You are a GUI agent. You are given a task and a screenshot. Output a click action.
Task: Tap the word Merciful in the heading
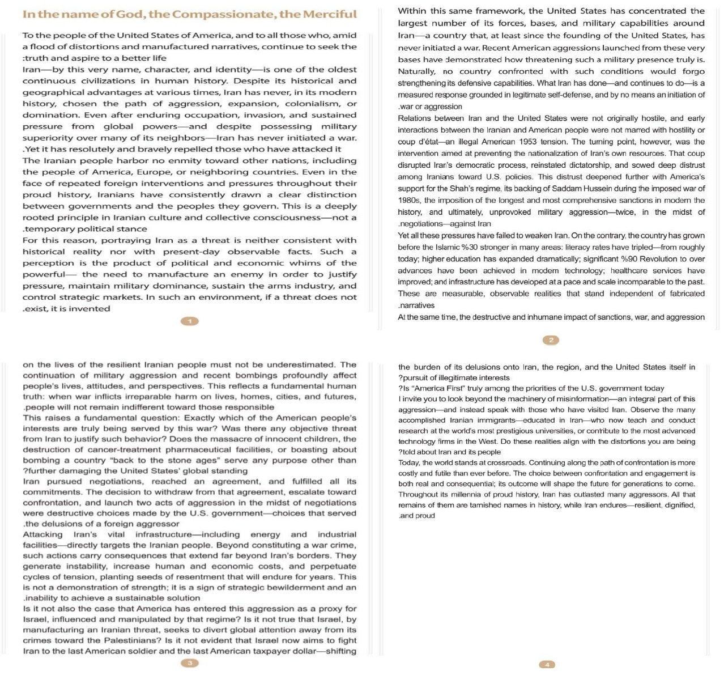330,14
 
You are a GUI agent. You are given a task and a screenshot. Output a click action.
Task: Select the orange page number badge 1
190,321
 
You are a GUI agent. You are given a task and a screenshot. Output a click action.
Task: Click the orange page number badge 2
551,340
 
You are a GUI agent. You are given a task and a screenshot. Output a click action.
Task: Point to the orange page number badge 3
190,663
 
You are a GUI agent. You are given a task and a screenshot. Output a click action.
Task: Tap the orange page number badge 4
547,665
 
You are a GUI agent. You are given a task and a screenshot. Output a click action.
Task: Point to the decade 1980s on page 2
409,200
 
